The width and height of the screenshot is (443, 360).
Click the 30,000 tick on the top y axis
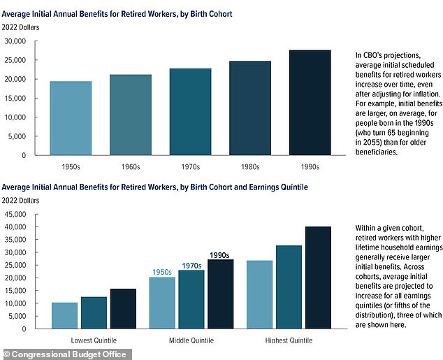[15, 41]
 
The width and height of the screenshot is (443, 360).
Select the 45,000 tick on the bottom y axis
[15, 214]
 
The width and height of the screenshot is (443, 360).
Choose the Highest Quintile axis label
[289, 340]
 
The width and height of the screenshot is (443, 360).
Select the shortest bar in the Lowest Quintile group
[64, 316]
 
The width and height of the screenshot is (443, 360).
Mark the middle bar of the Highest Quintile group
[289, 287]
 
